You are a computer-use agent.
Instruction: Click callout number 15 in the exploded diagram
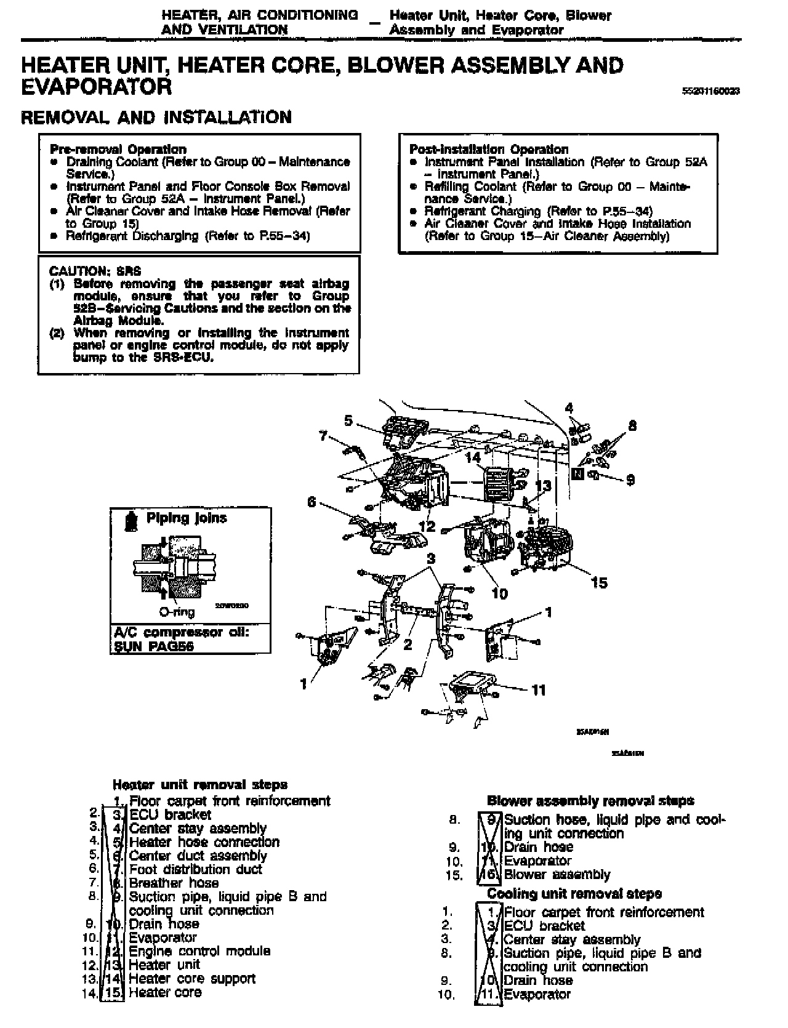(x=598, y=582)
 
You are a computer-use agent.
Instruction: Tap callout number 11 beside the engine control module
(x=539, y=690)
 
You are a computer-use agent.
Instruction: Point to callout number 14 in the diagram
(x=473, y=457)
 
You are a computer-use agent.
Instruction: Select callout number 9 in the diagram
(x=630, y=480)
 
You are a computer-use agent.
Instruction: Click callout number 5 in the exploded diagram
(x=348, y=420)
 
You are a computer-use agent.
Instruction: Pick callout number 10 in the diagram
(x=500, y=593)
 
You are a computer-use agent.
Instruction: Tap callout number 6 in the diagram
(x=312, y=502)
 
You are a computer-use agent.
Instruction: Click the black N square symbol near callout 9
(x=577, y=473)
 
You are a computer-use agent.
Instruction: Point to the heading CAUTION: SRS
(x=86, y=271)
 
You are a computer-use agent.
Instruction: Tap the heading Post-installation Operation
(x=489, y=149)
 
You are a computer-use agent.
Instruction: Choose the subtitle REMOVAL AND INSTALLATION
(x=156, y=117)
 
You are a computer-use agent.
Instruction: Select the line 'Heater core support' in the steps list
(x=191, y=978)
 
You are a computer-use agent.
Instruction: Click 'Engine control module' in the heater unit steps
(x=199, y=951)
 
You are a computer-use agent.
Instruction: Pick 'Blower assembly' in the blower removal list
(x=557, y=874)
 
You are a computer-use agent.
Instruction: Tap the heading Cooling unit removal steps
(x=574, y=893)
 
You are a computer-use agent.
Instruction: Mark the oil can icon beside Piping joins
(x=130, y=520)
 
